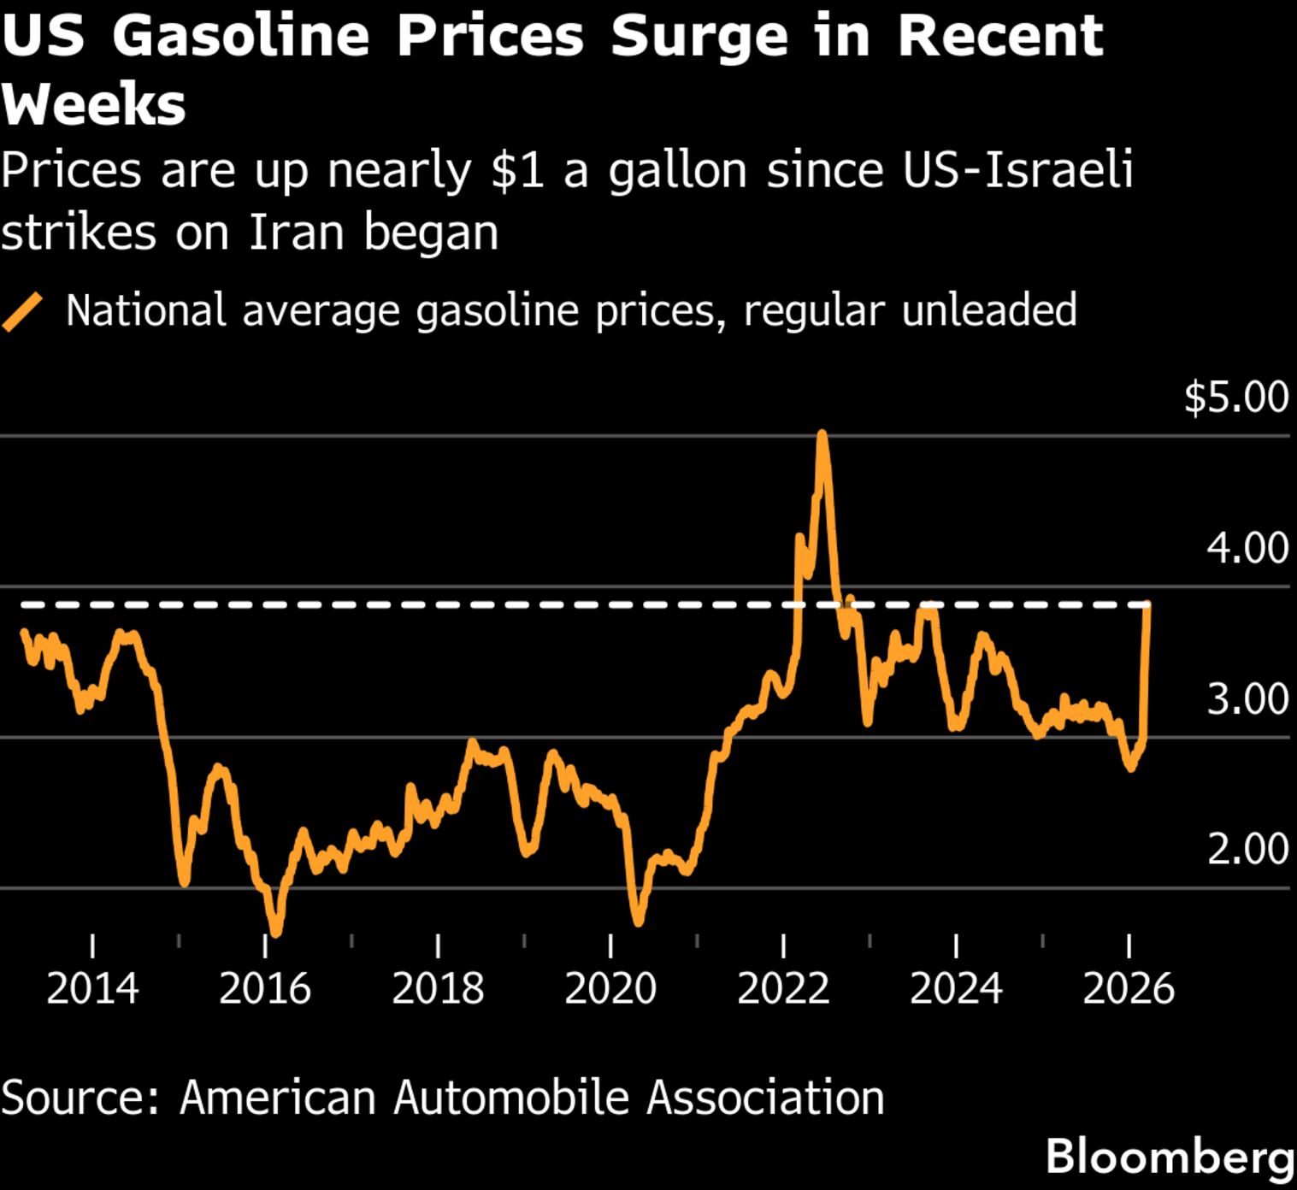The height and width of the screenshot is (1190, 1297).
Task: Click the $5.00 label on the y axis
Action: pyautogui.click(x=1235, y=398)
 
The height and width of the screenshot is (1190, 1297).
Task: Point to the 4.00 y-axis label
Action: pyautogui.click(x=1247, y=548)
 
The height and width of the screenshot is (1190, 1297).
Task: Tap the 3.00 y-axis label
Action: pyautogui.click(x=1247, y=699)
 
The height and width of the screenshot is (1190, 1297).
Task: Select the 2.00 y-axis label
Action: pyautogui.click(x=1247, y=850)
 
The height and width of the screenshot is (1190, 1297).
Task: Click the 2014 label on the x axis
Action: pyautogui.click(x=92, y=989)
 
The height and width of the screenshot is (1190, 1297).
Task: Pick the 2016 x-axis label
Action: pyautogui.click(x=265, y=989)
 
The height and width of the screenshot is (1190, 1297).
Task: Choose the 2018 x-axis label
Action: pyautogui.click(x=438, y=989)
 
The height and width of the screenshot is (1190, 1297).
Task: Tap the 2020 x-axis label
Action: pyautogui.click(x=610, y=989)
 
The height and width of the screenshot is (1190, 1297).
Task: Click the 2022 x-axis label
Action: pyautogui.click(x=783, y=989)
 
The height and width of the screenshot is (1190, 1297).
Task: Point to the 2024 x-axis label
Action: pyautogui.click(x=956, y=989)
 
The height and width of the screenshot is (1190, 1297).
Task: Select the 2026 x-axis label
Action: pyautogui.click(x=1129, y=989)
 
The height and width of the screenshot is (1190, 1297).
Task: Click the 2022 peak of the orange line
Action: pyautogui.click(x=822, y=435)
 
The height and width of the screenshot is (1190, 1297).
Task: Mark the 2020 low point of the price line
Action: pyautogui.click(x=638, y=922)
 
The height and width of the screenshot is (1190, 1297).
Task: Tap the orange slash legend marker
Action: pyautogui.click(x=22, y=311)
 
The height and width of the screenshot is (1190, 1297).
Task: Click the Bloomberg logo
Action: pyautogui.click(x=1170, y=1157)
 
